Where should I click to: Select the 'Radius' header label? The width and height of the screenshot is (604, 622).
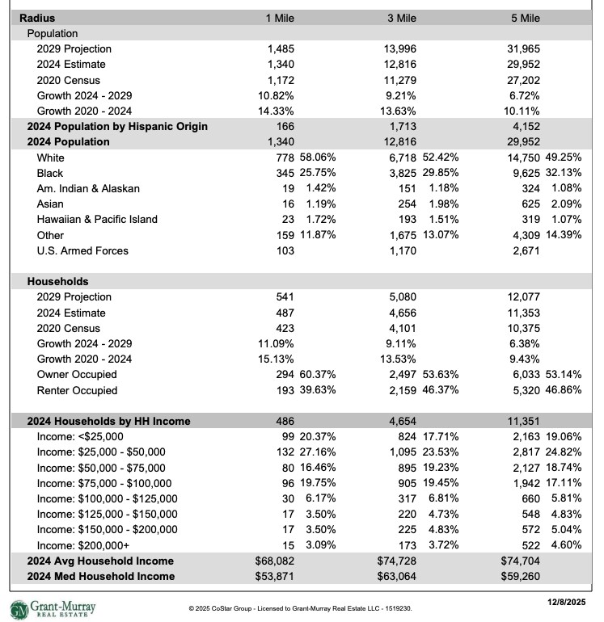(x=37, y=18)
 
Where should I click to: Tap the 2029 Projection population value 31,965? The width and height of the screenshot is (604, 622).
(x=523, y=49)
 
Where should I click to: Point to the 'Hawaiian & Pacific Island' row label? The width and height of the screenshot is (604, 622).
(x=97, y=220)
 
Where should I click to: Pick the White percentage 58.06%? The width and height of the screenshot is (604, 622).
(x=316, y=158)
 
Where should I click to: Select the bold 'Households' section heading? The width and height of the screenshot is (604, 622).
(x=57, y=282)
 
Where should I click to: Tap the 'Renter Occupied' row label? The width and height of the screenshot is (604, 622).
(x=77, y=391)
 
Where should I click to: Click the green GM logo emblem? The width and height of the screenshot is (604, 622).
(x=18, y=607)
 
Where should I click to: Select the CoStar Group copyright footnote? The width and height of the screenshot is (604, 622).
(x=301, y=608)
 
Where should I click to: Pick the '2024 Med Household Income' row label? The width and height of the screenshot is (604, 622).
(x=100, y=577)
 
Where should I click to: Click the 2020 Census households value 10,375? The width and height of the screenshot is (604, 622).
(x=523, y=329)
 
